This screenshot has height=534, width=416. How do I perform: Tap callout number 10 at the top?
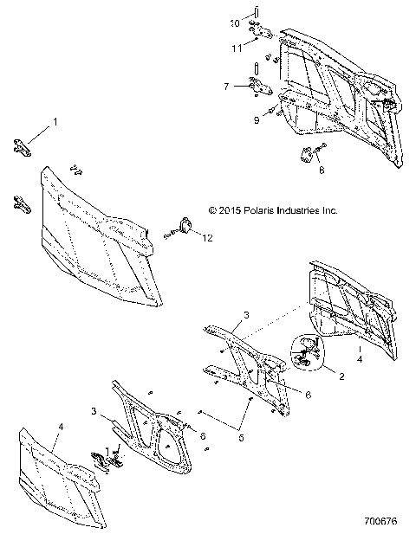[233, 23]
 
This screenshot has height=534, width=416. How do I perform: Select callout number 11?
[236, 48]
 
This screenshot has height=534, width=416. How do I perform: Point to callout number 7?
[226, 87]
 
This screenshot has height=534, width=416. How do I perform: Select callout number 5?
[241, 437]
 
